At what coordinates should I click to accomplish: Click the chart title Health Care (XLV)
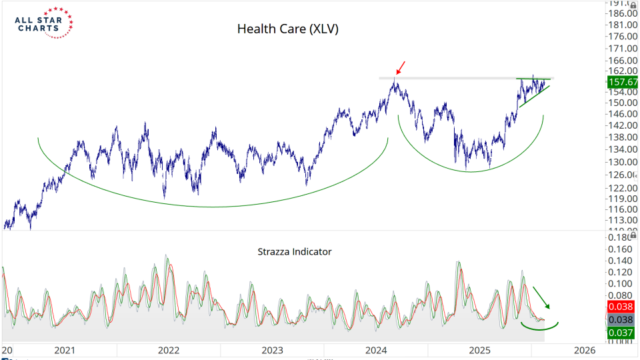pyautogui.click(x=288, y=29)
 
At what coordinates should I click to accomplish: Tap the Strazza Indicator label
pyautogui.click(x=295, y=252)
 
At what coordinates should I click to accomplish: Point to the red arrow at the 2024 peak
pyautogui.click(x=400, y=67)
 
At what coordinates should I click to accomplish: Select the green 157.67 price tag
pyautogui.click(x=622, y=82)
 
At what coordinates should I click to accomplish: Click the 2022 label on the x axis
pyautogui.click(x=169, y=350)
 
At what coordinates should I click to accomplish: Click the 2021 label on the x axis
pyautogui.click(x=65, y=350)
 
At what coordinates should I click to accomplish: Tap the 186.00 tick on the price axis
pyautogui.click(x=623, y=14)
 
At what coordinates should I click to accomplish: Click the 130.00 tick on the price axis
pyautogui.click(x=623, y=161)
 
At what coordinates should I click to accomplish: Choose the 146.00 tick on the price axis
pyautogui.click(x=623, y=114)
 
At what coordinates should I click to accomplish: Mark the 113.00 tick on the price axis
pyautogui.click(x=623, y=220)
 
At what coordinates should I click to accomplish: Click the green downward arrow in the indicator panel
pyautogui.click(x=541, y=297)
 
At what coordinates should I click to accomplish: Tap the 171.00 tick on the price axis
pyautogui.click(x=623, y=49)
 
